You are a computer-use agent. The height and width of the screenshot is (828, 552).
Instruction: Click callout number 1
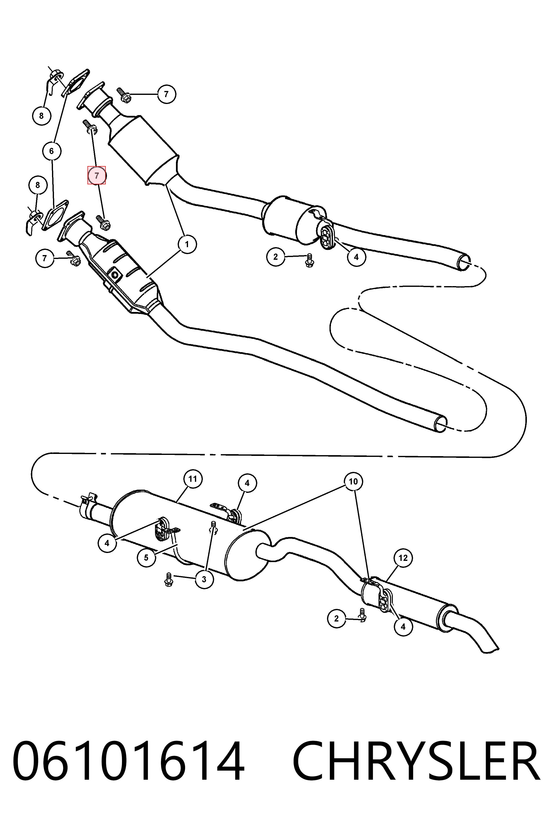click(187, 244)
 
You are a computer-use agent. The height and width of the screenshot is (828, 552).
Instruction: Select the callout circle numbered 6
click(52, 151)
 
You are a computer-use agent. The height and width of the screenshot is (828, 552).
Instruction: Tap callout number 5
click(146, 558)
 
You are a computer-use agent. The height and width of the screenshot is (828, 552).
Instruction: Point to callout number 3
click(204, 579)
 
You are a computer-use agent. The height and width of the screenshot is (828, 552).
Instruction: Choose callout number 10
click(353, 481)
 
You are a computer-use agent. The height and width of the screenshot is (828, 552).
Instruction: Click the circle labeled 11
click(192, 479)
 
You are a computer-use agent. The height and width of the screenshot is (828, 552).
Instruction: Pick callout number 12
click(403, 558)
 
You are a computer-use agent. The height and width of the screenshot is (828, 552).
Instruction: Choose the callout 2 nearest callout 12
click(337, 619)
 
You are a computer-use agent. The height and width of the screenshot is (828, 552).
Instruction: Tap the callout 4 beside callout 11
click(247, 483)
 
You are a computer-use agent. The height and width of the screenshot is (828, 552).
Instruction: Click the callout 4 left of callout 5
click(107, 543)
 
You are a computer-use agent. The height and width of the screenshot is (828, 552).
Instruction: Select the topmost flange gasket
click(75, 82)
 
